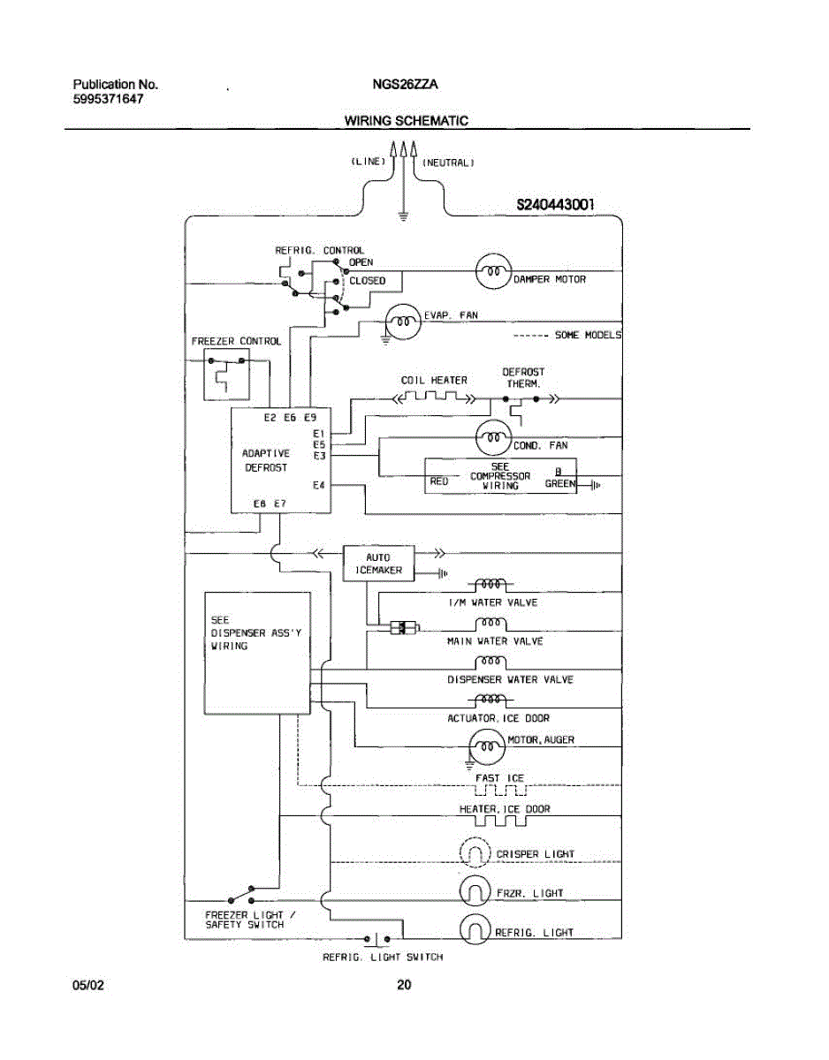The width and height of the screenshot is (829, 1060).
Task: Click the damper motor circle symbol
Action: tap(493, 272)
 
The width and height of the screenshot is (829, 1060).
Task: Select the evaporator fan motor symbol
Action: tap(403, 322)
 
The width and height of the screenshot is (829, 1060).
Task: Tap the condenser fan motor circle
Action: tap(493, 437)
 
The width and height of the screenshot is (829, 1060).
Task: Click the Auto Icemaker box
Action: tap(378, 564)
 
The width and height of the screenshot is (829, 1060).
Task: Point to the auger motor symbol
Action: tap(487, 746)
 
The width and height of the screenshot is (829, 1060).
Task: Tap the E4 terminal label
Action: tap(319, 485)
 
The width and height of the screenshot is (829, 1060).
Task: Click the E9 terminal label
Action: tap(310, 418)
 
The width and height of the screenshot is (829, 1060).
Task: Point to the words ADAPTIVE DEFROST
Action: tap(266, 460)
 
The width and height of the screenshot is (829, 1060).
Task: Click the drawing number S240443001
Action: tap(556, 205)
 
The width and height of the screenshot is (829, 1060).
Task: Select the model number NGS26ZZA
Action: tap(405, 85)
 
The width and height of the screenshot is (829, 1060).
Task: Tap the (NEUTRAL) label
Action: tap(448, 163)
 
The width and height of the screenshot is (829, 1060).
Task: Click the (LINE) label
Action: tap(369, 161)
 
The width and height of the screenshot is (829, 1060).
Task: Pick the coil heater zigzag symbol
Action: tap(434, 397)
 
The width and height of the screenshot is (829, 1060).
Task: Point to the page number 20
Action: tap(404, 985)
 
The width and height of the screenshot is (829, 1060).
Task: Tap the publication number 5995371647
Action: tap(109, 99)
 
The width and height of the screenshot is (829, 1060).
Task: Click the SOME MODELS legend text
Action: tap(589, 335)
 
